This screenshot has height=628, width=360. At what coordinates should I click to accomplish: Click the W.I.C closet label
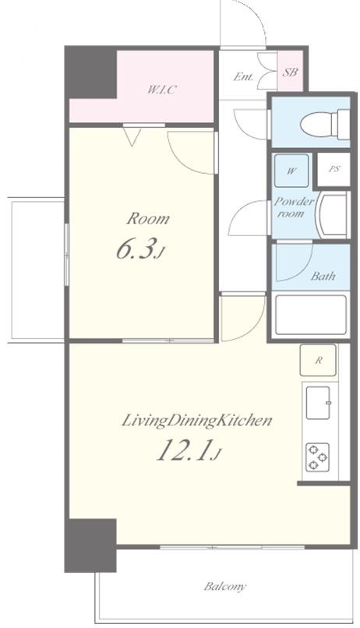pyautogui.click(x=161, y=90)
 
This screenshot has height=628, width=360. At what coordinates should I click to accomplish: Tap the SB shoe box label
pyautogui.click(x=290, y=72)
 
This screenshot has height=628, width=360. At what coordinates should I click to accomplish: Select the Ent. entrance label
pyautogui.click(x=243, y=76)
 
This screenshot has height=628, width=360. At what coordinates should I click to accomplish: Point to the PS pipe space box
pyautogui.click(x=334, y=169)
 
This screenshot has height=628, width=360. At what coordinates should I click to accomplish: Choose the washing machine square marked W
pyautogui.click(x=291, y=171)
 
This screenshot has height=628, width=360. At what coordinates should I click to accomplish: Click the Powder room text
pyautogui.click(x=294, y=207)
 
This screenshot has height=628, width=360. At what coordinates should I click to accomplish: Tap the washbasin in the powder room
pyautogui.click(x=333, y=215)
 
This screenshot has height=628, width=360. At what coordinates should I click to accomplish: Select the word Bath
pyautogui.click(x=323, y=276)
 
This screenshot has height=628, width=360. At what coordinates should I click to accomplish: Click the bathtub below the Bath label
pyautogui.click(x=311, y=315)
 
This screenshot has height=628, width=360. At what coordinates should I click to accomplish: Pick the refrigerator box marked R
pyautogui.click(x=318, y=360)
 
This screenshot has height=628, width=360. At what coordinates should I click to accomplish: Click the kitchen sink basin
pyautogui.click(x=318, y=403)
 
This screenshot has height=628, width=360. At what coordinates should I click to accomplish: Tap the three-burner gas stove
pyautogui.click(x=318, y=457)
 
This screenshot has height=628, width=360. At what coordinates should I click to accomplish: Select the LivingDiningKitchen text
pyautogui.click(x=197, y=421)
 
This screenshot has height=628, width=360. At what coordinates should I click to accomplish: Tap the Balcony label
pyautogui.click(x=224, y=587)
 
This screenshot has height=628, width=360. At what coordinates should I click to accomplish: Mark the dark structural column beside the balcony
pyautogui.click(x=90, y=545)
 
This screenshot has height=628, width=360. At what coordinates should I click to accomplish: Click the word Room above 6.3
pyautogui.click(x=148, y=219)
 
